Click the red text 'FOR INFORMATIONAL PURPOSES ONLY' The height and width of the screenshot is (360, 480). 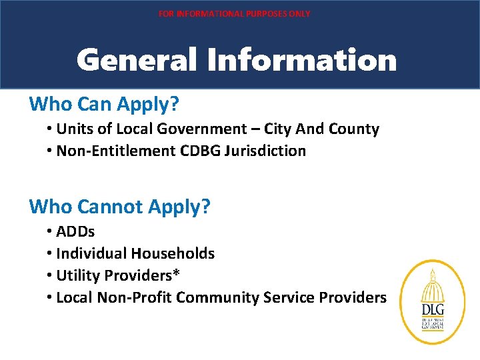(234, 13)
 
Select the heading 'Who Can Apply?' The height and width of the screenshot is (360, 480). (104, 104)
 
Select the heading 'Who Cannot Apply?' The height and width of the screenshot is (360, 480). (120, 207)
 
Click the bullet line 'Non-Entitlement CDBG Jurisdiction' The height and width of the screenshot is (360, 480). (181, 151)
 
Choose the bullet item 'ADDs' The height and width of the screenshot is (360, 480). (75, 232)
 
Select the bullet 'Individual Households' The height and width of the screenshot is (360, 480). (135, 253)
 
